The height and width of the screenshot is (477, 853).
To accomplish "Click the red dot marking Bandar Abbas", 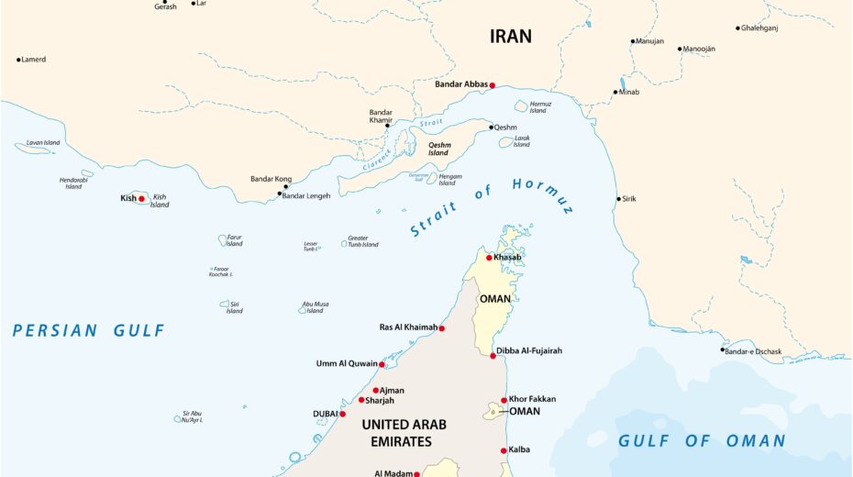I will point(493,85).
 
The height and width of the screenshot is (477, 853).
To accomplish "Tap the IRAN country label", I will point(511,37).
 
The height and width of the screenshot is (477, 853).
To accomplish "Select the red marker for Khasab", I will point(489,258).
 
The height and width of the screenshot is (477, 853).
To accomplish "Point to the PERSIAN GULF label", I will point(89,330).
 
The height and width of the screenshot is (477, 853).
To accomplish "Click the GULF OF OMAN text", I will point(702,441).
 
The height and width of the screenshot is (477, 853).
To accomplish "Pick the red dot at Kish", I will point(141,198).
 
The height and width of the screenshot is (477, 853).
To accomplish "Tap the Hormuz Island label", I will point(540,107).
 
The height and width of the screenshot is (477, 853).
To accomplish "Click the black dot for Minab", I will point(616,92).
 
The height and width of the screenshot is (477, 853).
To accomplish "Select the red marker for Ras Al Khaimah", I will point(441,328).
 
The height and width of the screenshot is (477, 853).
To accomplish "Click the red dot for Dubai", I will point(343,414).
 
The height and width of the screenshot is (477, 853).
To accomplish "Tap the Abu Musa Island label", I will point(315,307).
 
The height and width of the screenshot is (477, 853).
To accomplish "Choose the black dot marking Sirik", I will point(618,199).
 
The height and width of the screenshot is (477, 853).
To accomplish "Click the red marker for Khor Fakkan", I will point(504,400).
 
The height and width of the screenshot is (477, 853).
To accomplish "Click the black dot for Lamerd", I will point(18,60).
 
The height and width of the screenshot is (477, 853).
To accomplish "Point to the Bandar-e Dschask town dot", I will point(723,349).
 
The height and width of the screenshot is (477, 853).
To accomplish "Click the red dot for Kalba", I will point(504,450).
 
